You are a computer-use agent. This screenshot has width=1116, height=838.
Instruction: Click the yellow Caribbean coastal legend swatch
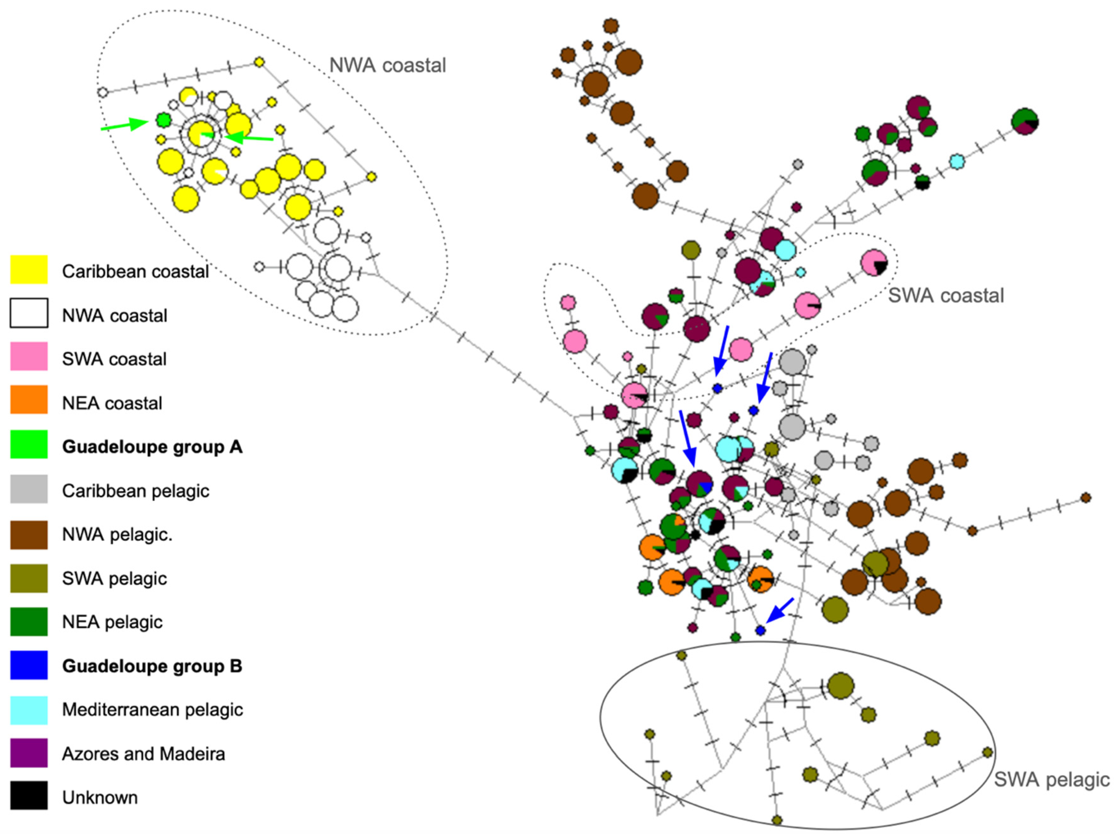pos(29,270)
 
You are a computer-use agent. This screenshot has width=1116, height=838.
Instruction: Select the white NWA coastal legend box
pos(29,313)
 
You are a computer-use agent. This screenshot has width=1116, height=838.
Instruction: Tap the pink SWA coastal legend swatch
pos(29,357)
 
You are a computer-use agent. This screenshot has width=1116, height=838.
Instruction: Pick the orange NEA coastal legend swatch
pos(29,400)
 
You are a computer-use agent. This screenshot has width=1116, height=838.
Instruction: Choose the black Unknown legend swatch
pos(29,795)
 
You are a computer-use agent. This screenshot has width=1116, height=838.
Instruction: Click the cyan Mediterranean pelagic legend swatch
pos(29,710)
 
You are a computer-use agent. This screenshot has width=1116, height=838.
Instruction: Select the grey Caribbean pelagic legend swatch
pos(29,489)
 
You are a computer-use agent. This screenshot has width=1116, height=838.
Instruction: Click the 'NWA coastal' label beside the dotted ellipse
pos(387,66)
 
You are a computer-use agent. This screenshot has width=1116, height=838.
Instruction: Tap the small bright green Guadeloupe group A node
pos(162,120)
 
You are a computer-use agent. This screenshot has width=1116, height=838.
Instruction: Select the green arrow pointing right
pos(124,125)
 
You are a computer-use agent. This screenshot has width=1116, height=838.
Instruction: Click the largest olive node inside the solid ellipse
pos(840,686)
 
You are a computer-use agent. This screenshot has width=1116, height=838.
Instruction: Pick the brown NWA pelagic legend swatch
pos(29,534)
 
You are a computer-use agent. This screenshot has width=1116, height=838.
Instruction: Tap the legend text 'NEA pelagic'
pos(112,622)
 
